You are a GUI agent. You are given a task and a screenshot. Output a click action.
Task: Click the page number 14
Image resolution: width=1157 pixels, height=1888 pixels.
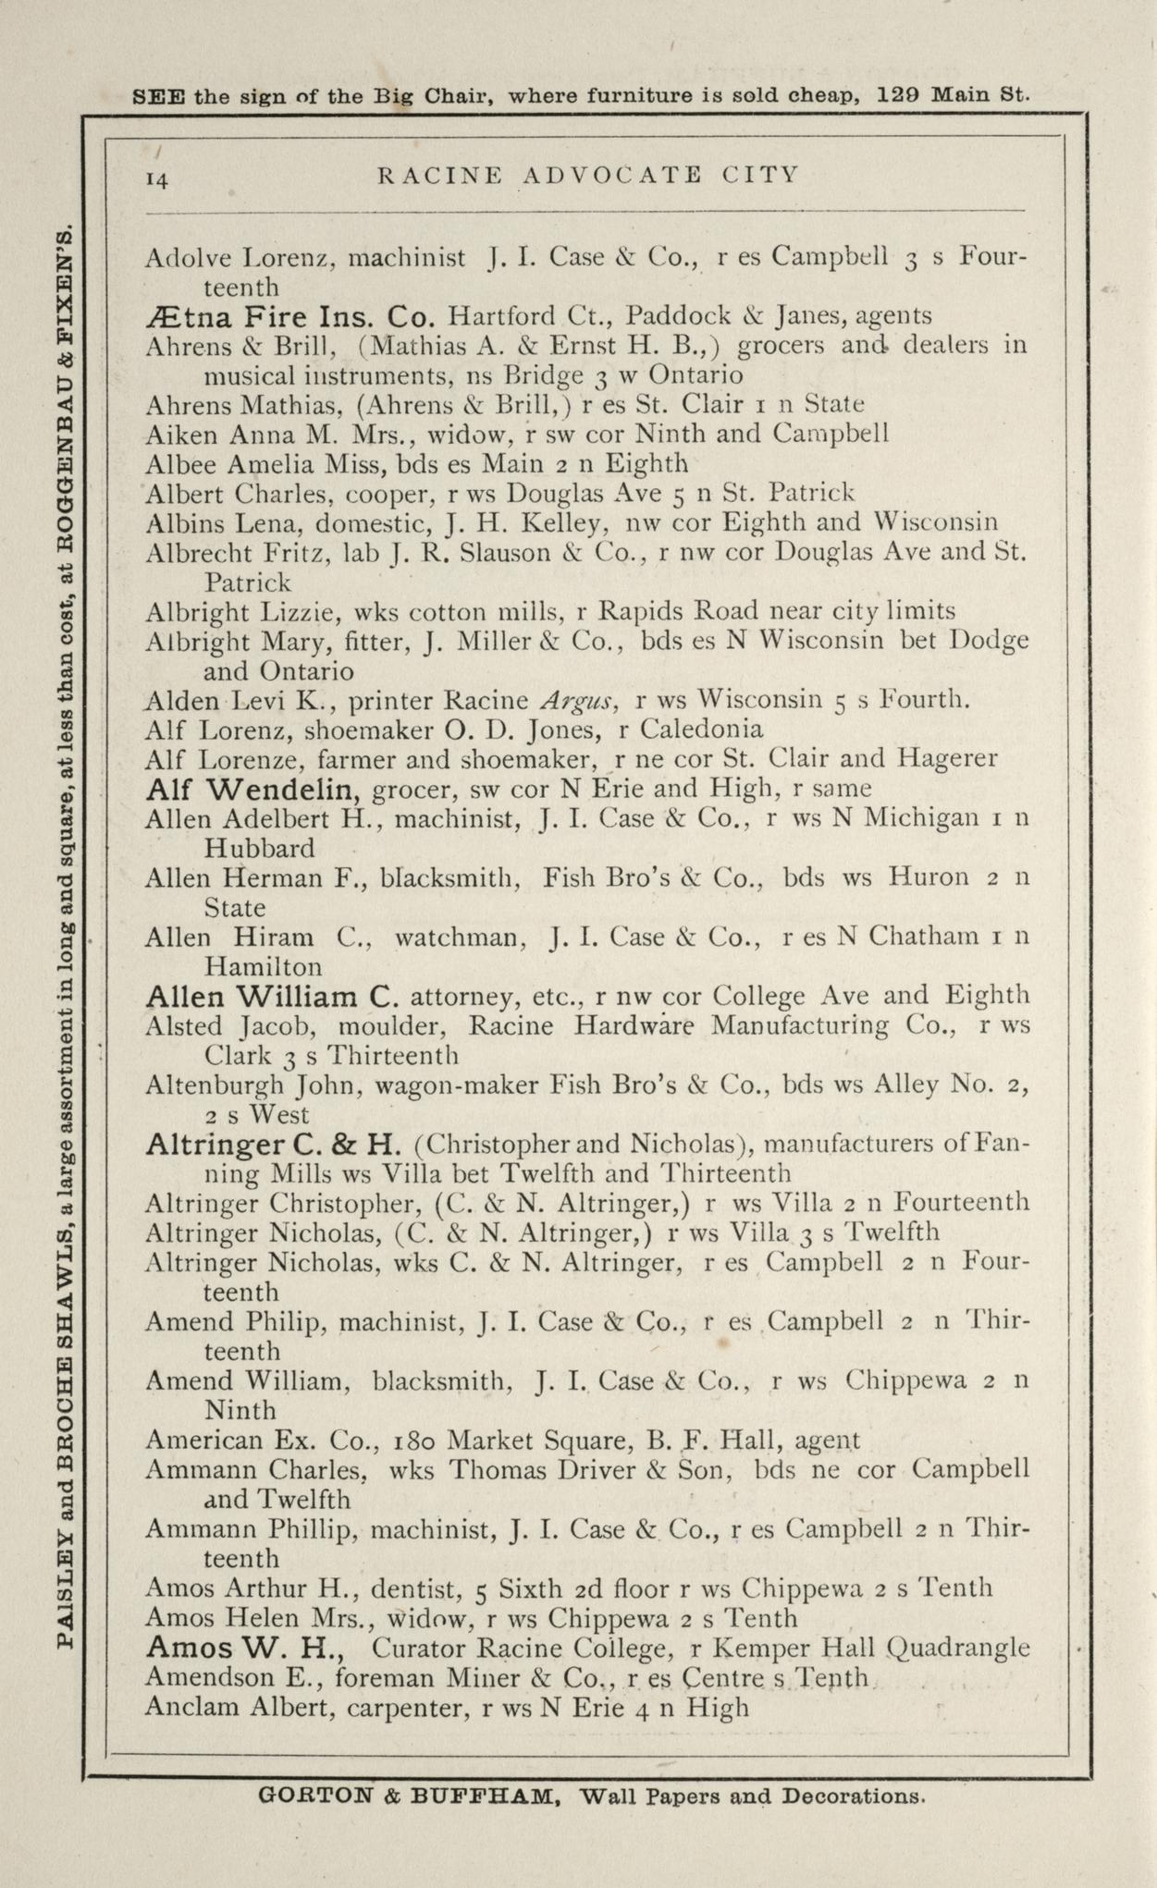click(157, 179)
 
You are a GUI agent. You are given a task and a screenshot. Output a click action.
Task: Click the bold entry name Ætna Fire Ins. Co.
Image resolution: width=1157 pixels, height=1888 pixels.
click(289, 317)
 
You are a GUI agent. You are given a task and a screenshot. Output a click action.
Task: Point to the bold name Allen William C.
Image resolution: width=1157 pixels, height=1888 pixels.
click(272, 997)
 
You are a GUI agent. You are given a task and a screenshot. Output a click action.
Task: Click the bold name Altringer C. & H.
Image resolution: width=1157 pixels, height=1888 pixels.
click(273, 1145)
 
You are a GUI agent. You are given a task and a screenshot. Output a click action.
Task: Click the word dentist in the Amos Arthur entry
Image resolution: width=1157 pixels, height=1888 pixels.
click(414, 1588)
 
